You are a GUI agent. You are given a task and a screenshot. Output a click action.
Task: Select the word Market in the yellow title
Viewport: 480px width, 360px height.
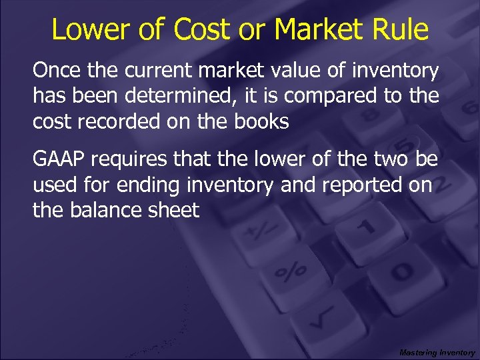click(318, 29)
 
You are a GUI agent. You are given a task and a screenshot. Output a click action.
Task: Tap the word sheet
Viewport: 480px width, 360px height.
click(175, 210)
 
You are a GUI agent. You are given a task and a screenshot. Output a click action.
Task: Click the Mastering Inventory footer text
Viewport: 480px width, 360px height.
click(437, 352)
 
